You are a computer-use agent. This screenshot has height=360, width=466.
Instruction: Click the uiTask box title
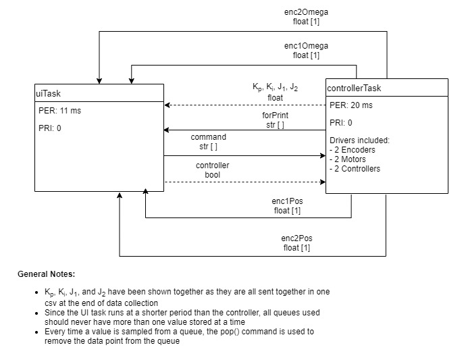point(48,93)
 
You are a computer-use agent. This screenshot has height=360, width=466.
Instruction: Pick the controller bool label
point(212,170)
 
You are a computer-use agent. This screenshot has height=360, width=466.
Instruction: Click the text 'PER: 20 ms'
point(350,106)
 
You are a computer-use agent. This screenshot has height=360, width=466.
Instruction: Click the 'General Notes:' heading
point(47,274)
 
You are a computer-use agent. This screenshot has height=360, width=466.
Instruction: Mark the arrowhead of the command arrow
point(323,155)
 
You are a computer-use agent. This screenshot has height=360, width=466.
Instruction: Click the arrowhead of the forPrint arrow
point(167,130)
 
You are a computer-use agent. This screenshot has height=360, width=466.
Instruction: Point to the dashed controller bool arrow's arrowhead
point(323,182)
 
